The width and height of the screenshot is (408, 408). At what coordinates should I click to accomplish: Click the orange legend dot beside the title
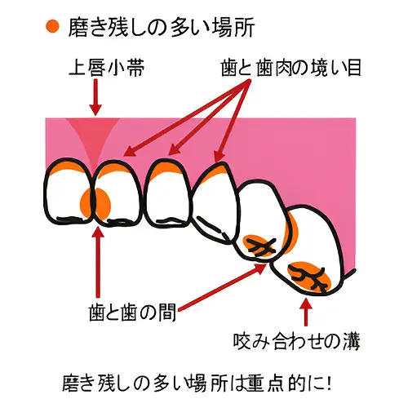[x=52, y=26]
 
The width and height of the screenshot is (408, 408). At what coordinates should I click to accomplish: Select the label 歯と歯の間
[x=132, y=313]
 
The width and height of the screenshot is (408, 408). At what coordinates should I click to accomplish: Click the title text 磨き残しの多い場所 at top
[x=162, y=27]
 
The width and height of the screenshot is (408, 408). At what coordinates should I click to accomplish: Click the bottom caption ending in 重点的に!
[x=197, y=384]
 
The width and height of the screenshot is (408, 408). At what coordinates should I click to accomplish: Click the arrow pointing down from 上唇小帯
[x=95, y=97]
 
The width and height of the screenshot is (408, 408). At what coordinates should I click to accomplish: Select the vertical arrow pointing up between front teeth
[x=98, y=263]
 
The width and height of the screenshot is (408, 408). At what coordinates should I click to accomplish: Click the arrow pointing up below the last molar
[x=306, y=312]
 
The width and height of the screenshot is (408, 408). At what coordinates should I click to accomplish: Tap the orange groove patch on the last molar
[x=309, y=277]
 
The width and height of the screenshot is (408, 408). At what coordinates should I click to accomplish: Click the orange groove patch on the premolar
[x=259, y=246]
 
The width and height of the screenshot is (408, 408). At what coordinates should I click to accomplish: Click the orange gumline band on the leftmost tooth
[x=68, y=167]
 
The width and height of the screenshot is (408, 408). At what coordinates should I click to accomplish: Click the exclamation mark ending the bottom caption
[x=329, y=383]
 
